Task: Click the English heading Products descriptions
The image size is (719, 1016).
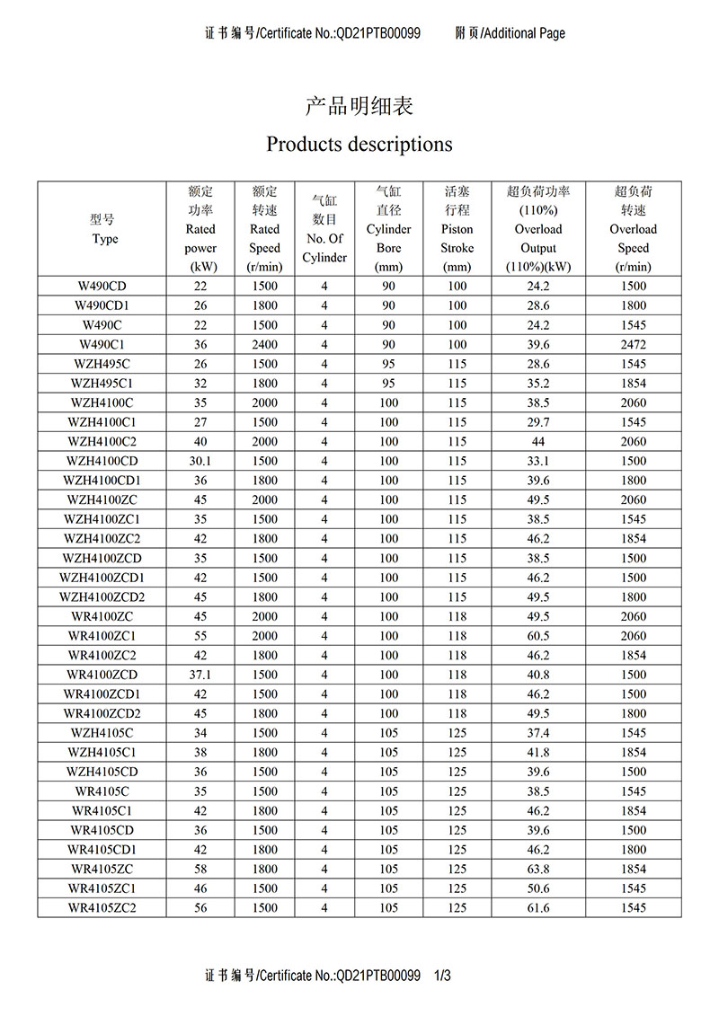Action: [359, 144]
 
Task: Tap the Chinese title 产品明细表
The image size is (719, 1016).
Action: [359, 106]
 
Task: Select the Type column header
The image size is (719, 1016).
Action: [104, 229]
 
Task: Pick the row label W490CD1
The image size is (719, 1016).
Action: [104, 305]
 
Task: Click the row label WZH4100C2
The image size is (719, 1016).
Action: [104, 442]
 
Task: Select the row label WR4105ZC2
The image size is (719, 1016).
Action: [104, 908]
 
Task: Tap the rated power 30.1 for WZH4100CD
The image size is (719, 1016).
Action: [200, 461]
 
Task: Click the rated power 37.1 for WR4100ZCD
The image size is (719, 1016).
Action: [200, 675]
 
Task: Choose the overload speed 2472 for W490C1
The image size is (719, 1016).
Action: [633, 344]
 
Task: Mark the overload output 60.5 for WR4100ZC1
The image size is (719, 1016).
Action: [538, 636]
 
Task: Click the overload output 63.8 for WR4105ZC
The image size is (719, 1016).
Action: [538, 869]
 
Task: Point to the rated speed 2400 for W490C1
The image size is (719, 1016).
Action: [264, 344]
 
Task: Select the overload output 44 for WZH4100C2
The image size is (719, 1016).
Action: [538, 442]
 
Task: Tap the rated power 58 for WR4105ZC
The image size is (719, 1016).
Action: [200, 869]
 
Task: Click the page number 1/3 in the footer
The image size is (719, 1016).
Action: [441, 976]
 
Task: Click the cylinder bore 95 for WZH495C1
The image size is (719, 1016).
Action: [388, 384]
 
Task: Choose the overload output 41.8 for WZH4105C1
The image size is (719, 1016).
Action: [538, 753]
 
